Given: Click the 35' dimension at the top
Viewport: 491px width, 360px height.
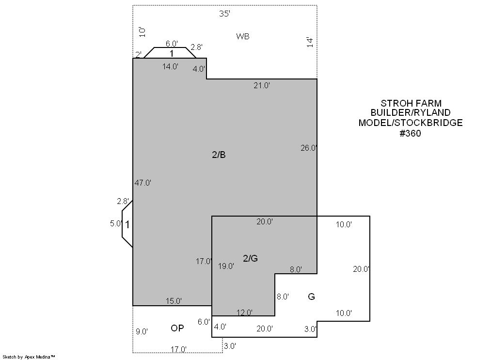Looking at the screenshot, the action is pyautogui.click(x=224, y=14).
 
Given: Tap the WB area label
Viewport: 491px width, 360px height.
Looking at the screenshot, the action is pyautogui.click(x=243, y=36).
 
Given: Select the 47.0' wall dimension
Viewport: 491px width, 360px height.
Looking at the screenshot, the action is pyautogui.click(x=143, y=183).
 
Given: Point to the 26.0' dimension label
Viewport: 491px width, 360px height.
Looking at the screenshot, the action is pyautogui.click(x=309, y=148).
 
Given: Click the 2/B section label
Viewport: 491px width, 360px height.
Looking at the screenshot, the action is pyautogui.click(x=219, y=155).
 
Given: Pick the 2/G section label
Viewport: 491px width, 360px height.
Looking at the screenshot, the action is pyautogui.click(x=251, y=258).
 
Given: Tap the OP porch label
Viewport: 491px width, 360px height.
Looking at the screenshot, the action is pyautogui.click(x=177, y=328).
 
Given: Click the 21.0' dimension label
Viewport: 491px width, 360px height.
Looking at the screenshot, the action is pyautogui.click(x=262, y=85).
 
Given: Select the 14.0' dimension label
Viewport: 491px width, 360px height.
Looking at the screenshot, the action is pyautogui.click(x=170, y=66).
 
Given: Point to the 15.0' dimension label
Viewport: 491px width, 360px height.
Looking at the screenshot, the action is pyautogui.click(x=174, y=301).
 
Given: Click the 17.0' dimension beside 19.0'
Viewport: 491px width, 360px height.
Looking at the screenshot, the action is pyautogui.click(x=204, y=261).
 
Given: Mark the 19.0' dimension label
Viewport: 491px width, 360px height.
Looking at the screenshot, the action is pyautogui.click(x=226, y=266).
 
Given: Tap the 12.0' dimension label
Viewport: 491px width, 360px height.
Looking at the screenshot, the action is pyautogui.click(x=244, y=313).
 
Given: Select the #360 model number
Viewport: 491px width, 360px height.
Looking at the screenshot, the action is pyautogui.click(x=410, y=133).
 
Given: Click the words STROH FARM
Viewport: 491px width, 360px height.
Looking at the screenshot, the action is pyautogui.click(x=411, y=103).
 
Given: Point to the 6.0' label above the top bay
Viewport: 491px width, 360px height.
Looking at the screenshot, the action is pyautogui.click(x=172, y=44).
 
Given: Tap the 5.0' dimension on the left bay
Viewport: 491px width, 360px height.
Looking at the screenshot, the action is pyautogui.click(x=116, y=223).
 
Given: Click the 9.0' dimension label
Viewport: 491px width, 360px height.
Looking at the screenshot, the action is pyautogui.click(x=142, y=331).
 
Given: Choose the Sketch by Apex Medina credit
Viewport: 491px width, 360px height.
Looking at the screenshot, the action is pyautogui.click(x=29, y=357).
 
